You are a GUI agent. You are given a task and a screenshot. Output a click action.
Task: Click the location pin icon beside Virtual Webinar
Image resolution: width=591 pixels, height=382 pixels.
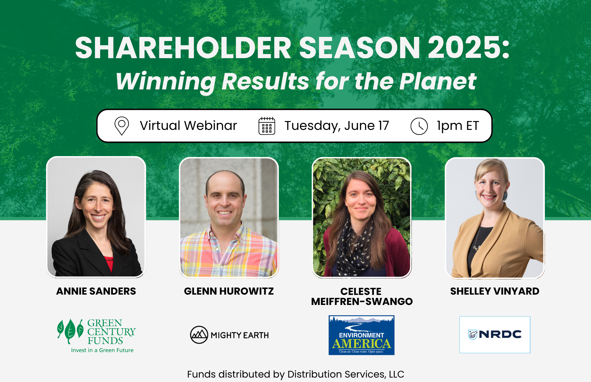[x=121, y=126]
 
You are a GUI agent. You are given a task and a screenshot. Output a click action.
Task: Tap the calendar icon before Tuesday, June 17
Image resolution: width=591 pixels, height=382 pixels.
[x=267, y=126]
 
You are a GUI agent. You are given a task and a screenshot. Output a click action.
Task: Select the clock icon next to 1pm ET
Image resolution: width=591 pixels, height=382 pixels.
[x=419, y=126]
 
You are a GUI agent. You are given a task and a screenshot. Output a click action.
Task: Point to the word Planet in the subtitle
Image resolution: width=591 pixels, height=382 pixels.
[x=438, y=81]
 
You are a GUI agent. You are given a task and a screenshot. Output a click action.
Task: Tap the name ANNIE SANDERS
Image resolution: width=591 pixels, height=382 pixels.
[x=96, y=291]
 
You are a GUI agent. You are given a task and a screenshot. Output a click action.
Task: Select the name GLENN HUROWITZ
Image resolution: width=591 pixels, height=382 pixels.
[x=229, y=291]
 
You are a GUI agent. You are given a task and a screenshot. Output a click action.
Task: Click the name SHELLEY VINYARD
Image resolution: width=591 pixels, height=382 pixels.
[x=495, y=291]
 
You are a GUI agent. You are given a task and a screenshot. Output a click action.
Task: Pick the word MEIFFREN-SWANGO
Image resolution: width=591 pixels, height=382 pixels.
[x=362, y=302]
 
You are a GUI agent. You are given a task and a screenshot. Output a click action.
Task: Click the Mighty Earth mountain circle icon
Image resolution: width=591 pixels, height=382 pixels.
[x=199, y=335]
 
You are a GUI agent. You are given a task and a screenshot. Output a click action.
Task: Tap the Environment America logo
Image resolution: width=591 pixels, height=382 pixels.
[x=361, y=335]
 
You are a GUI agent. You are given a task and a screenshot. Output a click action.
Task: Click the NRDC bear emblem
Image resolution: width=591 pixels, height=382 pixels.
[x=473, y=334]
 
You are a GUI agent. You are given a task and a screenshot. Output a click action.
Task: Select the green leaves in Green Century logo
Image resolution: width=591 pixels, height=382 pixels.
[x=70, y=331]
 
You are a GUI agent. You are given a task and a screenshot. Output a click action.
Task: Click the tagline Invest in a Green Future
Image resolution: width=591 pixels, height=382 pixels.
[x=102, y=350]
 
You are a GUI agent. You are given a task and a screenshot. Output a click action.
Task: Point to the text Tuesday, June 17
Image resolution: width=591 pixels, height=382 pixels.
[x=337, y=126]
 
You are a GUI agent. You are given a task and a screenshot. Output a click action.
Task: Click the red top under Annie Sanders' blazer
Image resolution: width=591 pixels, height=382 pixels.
[x=109, y=263]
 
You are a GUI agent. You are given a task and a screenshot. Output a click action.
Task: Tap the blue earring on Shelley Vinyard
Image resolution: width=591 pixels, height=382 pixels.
[x=505, y=195]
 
